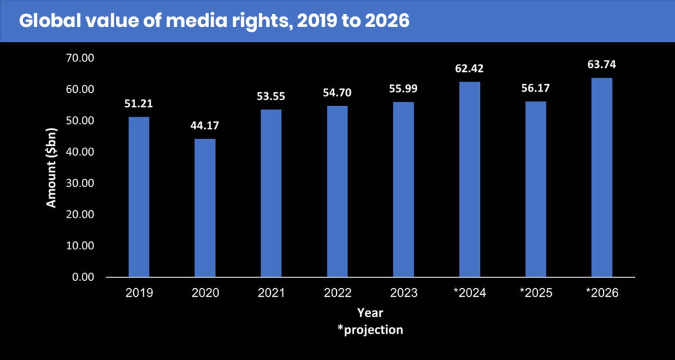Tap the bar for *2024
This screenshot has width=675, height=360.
tap(469, 179)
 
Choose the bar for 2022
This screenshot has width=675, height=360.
tap(337, 191)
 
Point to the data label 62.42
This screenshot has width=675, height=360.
tap(469, 68)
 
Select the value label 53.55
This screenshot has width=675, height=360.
tap(271, 96)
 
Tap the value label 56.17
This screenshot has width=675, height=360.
tap(535, 88)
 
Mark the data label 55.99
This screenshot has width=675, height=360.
tap(403, 88)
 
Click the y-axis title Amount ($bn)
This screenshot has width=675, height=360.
tap(51, 167)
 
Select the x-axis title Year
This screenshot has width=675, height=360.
tap(370, 313)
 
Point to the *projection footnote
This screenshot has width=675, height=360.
tap(370, 330)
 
